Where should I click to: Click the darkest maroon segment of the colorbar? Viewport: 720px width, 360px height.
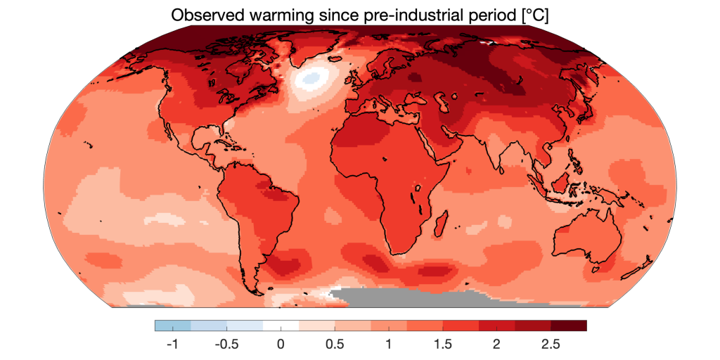tap(568, 326)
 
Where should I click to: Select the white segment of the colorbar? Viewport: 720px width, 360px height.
tap(281, 326)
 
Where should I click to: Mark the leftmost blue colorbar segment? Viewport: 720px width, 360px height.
tap(172, 326)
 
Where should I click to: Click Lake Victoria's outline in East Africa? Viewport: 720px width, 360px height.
tap(418, 188)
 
